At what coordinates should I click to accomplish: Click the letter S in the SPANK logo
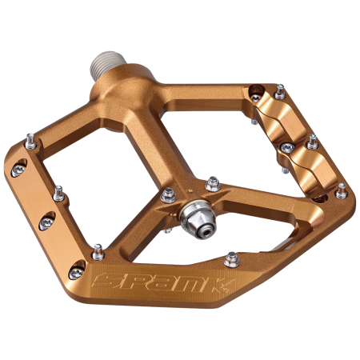coord(103,282)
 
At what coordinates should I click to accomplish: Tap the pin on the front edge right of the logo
coord(232,258)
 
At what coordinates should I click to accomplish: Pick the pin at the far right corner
coord(341,190)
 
